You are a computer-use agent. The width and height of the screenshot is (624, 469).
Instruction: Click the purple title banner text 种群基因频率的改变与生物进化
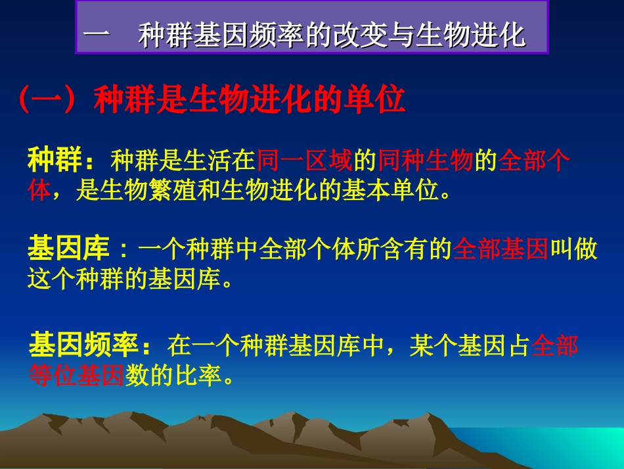click(332, 35)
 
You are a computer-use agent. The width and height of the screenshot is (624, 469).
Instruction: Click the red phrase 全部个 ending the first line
click(534, 160)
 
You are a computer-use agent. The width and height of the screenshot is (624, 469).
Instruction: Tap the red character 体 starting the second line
click(39, 191)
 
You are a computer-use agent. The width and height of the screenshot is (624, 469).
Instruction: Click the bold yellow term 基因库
click(68, 250)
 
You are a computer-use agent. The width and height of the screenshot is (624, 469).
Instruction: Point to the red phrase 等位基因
click(76, 376)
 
